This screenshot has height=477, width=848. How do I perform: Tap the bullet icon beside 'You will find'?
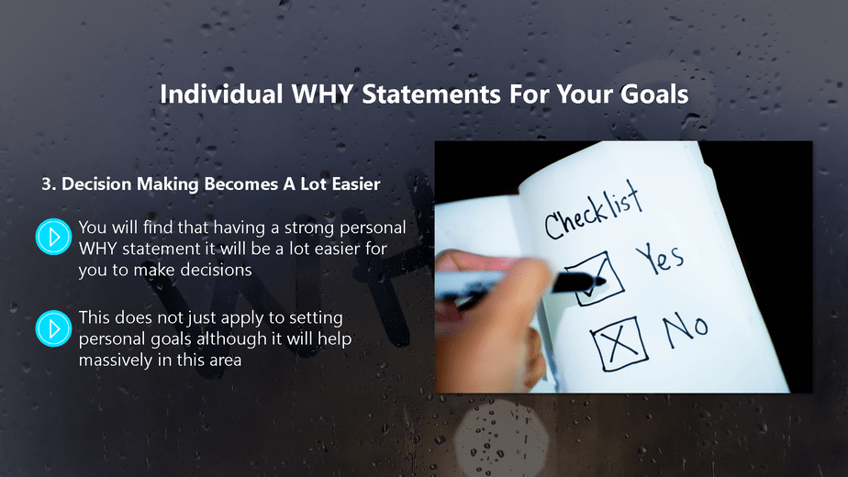click(53, 236)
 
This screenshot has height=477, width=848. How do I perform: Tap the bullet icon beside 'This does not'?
click(53, 327)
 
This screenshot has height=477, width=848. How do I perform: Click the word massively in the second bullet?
click(115, 361)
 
